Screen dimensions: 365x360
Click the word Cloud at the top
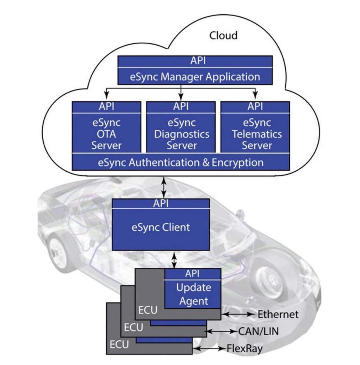pyautogui.click(x=223, y=36)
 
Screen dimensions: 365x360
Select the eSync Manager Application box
pyautogui.click(x=195, y=76)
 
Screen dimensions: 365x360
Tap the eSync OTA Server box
pyautogui.click(x=106, y=134)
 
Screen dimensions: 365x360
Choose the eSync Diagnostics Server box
pyautogui.click(x=182, y=134)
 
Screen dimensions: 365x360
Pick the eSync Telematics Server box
pyautogui.click(x=257, y=134)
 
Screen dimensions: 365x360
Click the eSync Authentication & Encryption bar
pyautogui.click(x=181, y=162)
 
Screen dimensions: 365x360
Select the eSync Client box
pyautogui.click(x=161, y=227)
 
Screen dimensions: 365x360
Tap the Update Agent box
pyautogui.click(x=193, y=294)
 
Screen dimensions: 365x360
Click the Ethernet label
pyautogui.click(x=278, y=314)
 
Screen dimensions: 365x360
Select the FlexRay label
pyautogui.click(x=244, y=348)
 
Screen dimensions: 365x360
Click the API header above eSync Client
pyautogui.click(x=161, y=203)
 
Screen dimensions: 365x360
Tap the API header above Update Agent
pyautogui.click(x=192, y=274)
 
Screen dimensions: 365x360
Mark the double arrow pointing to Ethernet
pyautogui.click(x=238, y=314)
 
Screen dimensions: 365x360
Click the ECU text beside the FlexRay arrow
pyautogui.click(x=119, y=345)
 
